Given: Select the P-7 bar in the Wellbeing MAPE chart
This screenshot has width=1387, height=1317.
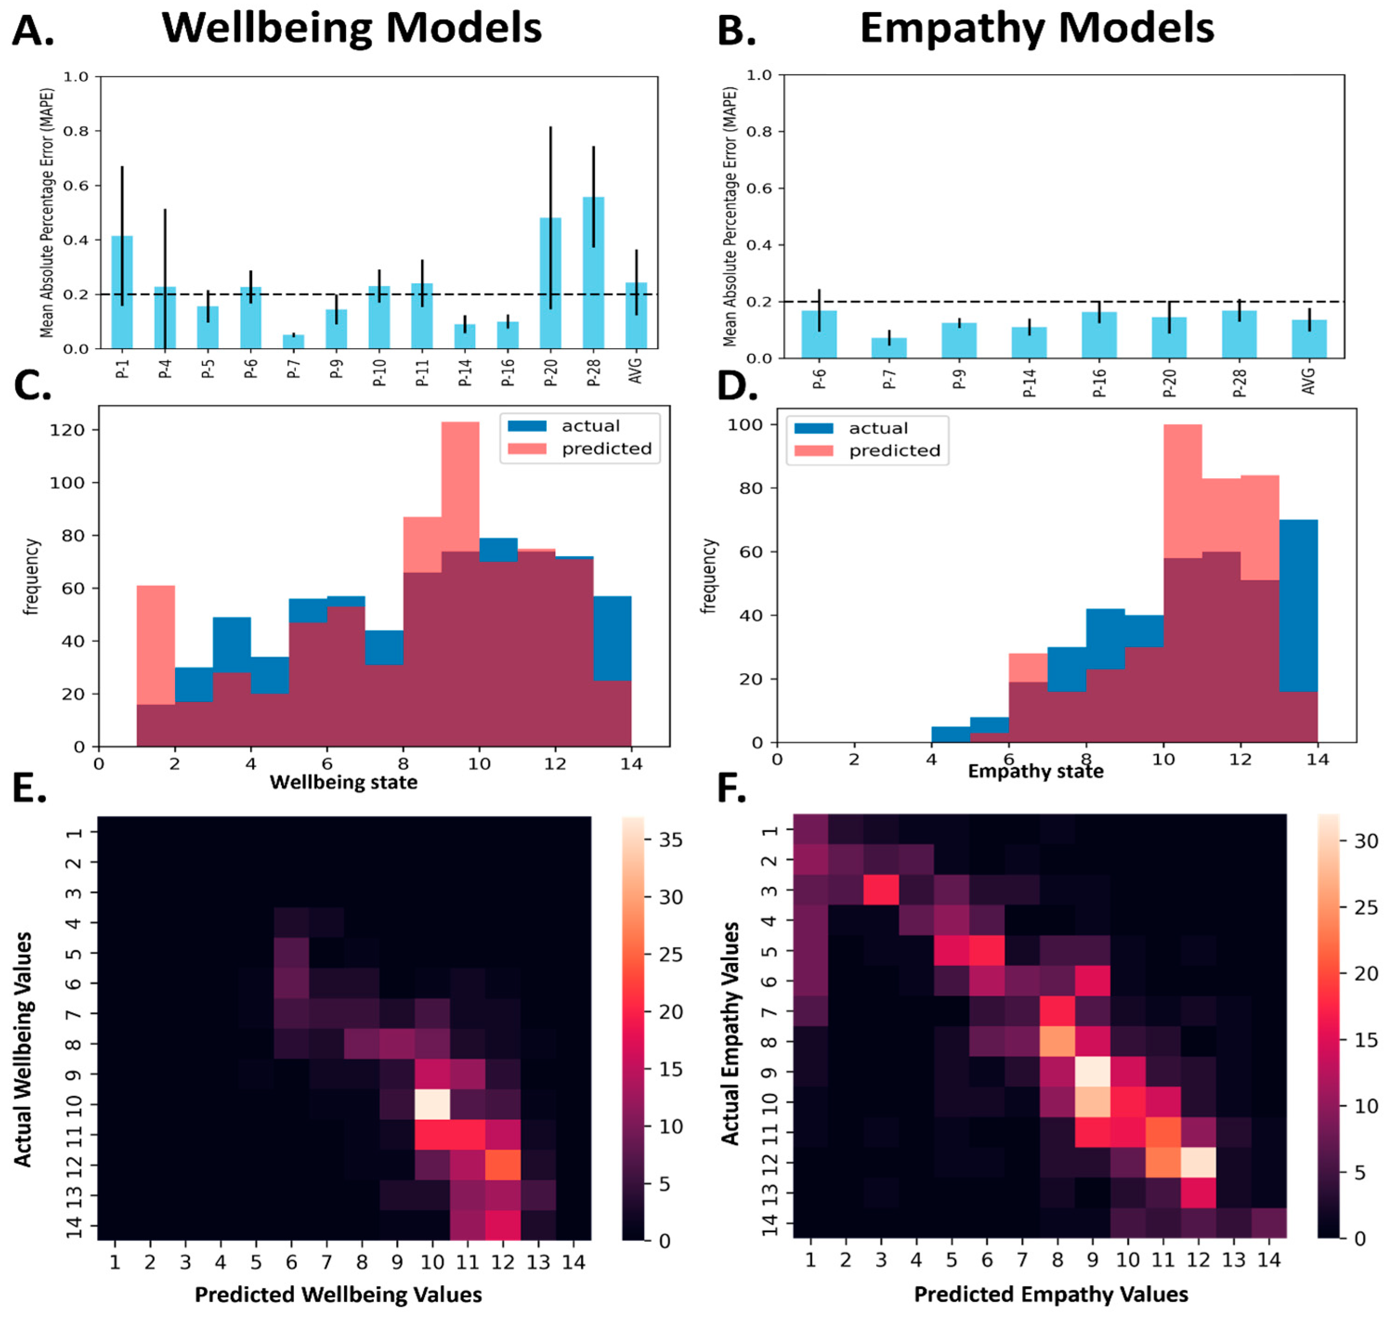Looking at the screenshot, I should [293, 341].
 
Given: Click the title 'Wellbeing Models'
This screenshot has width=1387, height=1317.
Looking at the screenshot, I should [351, 28].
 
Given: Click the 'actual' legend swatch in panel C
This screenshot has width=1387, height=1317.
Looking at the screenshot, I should [527, 425].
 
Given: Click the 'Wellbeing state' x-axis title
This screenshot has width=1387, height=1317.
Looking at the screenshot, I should [344, 782].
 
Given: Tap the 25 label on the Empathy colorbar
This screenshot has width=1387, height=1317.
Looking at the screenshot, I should [1365, 908].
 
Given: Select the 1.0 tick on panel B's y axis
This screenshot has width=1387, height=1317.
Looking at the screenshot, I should [758, 75].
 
